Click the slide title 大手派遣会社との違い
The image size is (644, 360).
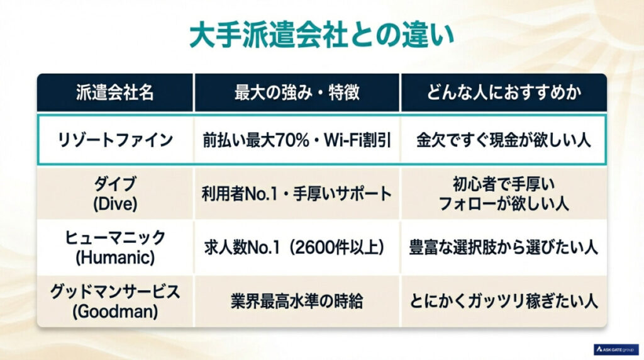click(321, 37)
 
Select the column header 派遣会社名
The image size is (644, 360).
click(114, 93)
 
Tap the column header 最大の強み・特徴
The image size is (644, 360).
click(297, 93)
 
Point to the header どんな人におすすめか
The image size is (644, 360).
click(504, 93)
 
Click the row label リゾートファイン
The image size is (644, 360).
click(114, 140)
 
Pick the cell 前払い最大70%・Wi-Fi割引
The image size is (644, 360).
click(297, 140)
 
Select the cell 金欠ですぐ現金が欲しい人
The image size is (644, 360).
click(504, 140)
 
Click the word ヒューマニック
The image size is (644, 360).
click(114, 238)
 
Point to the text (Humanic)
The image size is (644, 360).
click(114, 256)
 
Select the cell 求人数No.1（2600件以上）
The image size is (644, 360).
click(297, 247)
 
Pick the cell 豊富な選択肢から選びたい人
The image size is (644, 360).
click(504, 247)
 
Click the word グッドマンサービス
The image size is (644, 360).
click(114, 292)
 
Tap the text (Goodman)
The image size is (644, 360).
click(114, 310)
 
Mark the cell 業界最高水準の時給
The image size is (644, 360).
click(297, 301)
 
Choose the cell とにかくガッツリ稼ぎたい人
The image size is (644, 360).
click(504, 301)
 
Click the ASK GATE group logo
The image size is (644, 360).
click(616, 349)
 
